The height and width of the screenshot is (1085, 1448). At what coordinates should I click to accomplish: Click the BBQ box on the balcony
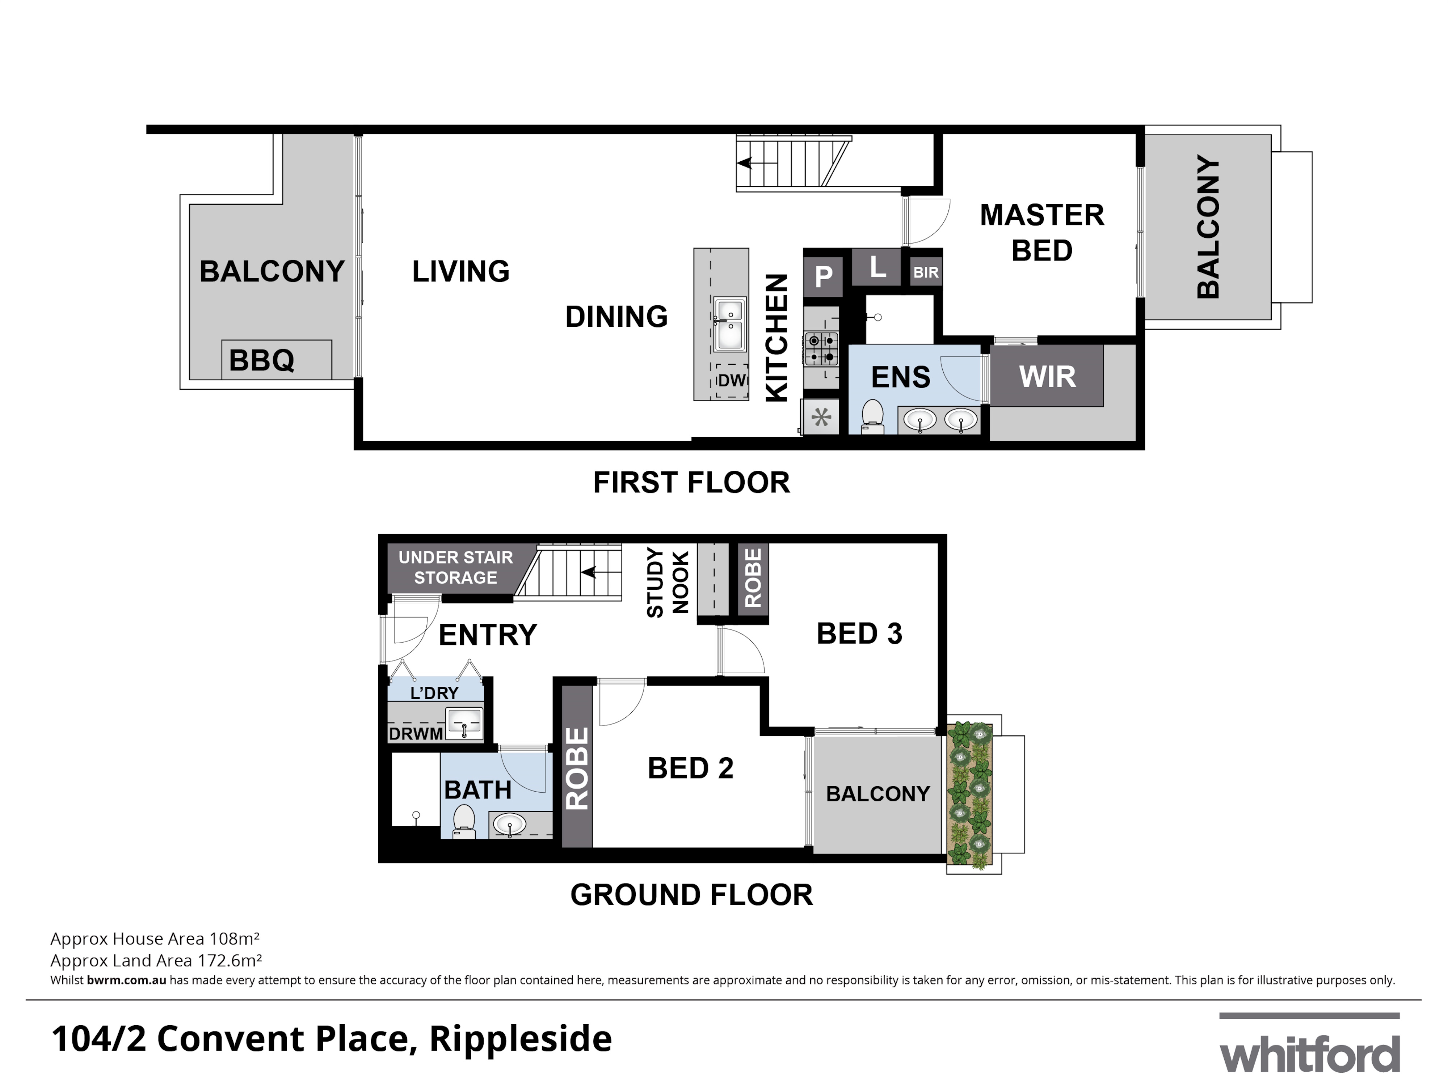click(276, 359)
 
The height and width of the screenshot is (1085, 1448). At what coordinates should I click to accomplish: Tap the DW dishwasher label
click(732, 380)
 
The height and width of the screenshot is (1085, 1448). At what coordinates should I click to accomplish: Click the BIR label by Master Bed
click(926, 272)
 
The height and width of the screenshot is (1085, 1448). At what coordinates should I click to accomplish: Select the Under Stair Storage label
click(456, 567)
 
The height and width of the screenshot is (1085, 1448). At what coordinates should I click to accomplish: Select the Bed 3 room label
click(859, 633)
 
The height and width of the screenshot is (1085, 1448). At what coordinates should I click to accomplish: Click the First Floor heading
click(691, 482)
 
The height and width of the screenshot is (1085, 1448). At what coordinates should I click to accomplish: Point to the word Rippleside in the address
click(521, 1039)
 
